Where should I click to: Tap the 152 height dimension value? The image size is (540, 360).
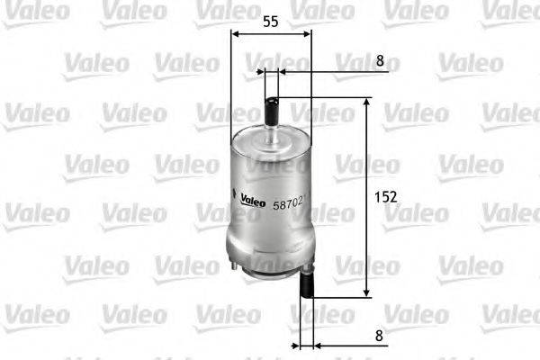384,195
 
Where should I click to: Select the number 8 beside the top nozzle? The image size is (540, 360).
380,62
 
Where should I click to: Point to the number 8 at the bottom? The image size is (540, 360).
379,336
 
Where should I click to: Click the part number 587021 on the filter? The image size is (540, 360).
290,204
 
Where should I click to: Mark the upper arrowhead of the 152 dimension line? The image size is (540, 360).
366,104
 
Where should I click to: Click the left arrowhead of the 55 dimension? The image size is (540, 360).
236,34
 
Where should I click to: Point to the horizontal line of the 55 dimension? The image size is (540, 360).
271,34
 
